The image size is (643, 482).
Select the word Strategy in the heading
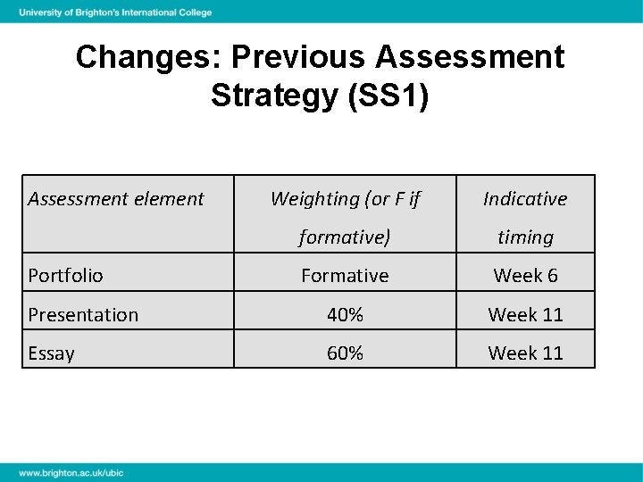(x=271, y=95)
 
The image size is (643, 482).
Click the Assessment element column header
(x=116, y=198)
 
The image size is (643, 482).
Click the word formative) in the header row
(x=345, y=237)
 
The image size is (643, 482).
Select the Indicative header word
(x=525, y=198)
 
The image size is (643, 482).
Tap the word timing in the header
(x=525, y=237)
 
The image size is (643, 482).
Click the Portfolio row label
(x=65, y=276)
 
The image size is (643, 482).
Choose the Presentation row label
(x=83, y=315)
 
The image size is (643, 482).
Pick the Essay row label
(x=51, y=353)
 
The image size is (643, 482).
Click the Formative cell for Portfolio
(x=345, y=276)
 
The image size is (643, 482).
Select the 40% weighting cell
(x=345, y=315)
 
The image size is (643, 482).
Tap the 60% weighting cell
(x=345, y=353)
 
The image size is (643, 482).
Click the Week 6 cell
(x=525, y=276)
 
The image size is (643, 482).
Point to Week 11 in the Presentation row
(x=525, y=315)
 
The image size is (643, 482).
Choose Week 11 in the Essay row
(x=525, y=353)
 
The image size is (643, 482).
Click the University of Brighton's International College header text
(x=116, y=12)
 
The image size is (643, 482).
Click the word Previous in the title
(x=298, y=57)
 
